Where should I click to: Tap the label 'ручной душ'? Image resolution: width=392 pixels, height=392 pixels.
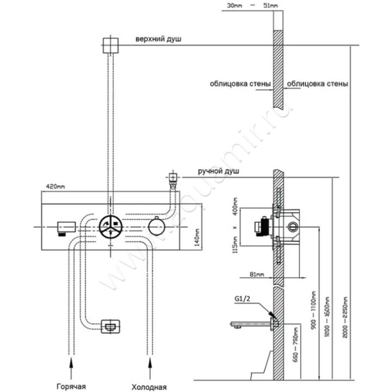[218, 171]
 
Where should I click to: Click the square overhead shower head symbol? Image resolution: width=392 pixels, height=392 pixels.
[112, 46]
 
